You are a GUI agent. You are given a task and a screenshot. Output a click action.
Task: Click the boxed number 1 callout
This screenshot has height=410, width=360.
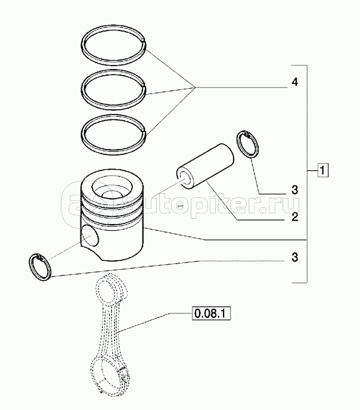(323, 170)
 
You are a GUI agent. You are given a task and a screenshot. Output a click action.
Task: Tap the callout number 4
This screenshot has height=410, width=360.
(294, 82)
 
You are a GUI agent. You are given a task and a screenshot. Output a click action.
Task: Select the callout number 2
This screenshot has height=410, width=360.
(294, 217)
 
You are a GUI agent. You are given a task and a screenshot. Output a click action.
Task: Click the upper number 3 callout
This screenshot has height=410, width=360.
(294, 190)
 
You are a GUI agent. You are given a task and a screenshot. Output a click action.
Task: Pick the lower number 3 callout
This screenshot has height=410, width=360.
(294, 257)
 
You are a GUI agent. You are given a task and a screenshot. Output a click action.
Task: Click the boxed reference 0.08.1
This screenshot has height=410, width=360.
(211, 313)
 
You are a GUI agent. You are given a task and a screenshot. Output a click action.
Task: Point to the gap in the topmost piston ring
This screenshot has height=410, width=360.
(143, 40)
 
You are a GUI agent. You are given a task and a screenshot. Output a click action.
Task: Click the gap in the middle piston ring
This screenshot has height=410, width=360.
(143, 85)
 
